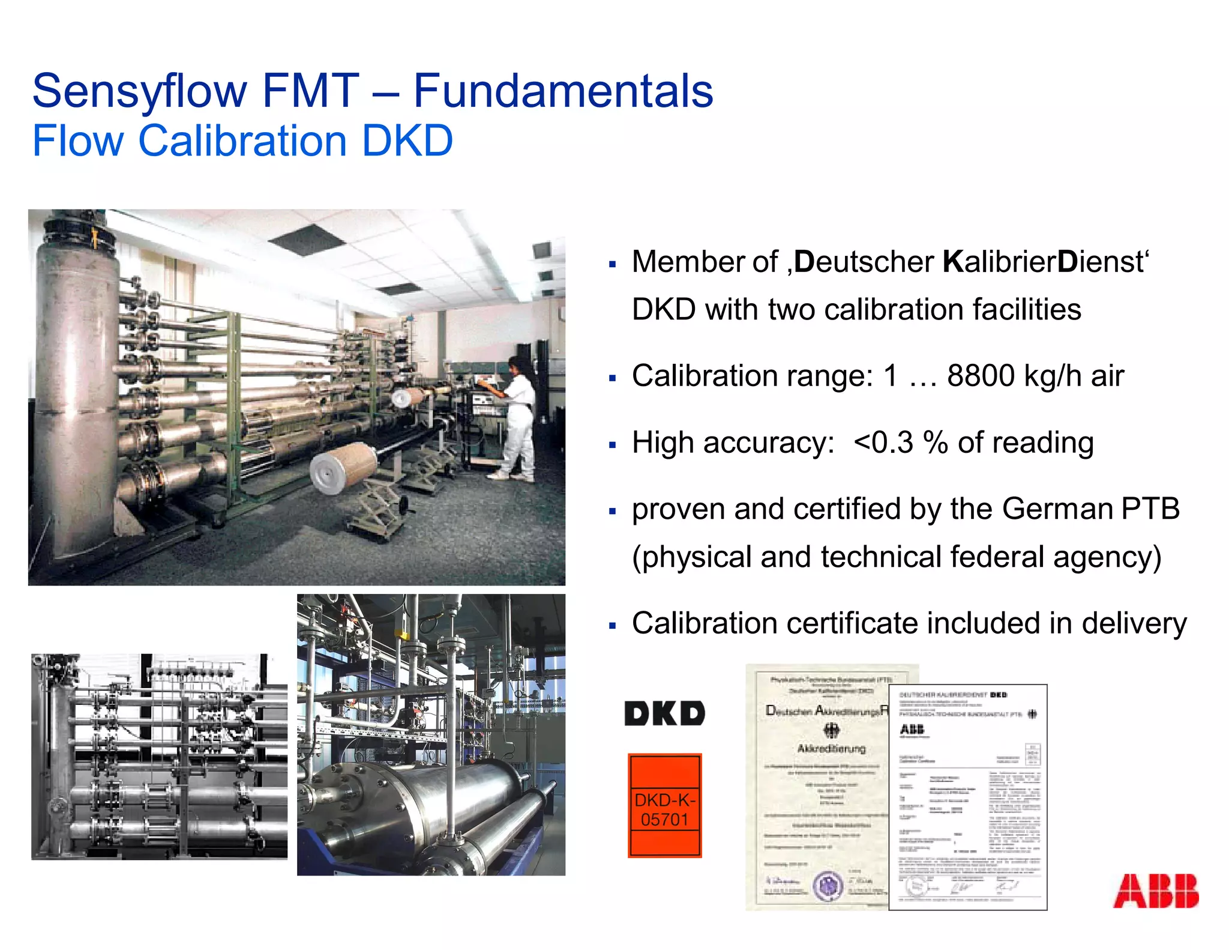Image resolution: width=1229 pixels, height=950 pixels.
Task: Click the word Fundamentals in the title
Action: pyautogui.click(x=563, y=91)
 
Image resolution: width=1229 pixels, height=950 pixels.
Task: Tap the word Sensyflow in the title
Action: pyautogui.click(x=139, y=91)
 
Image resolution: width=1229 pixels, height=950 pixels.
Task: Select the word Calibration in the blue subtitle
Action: pyautogui.click(x=242, y=141)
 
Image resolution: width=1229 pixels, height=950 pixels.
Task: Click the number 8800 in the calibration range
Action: pyautogui.click(x=981, y=376)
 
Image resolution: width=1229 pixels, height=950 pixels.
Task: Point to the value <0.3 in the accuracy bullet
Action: pyautogui.click(x=883, y=443)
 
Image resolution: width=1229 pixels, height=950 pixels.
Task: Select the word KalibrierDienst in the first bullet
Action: pyautogui.click(x=1043, y=262)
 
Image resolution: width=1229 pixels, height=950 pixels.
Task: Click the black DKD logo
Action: pyautogui.click(x=664, y=713)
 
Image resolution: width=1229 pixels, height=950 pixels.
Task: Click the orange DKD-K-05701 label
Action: pyautogui.click(x=664, y=805)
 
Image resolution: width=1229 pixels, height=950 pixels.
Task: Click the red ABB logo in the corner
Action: pyautogui.click(x=1155, y=891)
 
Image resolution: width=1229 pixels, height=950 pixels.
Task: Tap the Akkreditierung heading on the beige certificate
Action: pyautogui.click(x=831, y=749)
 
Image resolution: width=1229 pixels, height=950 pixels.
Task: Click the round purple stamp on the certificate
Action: pyautogui.click(x=829, y=885)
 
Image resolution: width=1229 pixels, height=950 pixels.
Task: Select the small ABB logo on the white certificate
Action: pyautogui.click(x=912, y=730)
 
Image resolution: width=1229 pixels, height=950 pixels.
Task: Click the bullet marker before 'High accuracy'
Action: pyautogui.click(x=612, y=445)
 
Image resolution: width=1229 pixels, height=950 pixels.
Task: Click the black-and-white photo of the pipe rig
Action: pyautogui.click(x=159, y=757)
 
